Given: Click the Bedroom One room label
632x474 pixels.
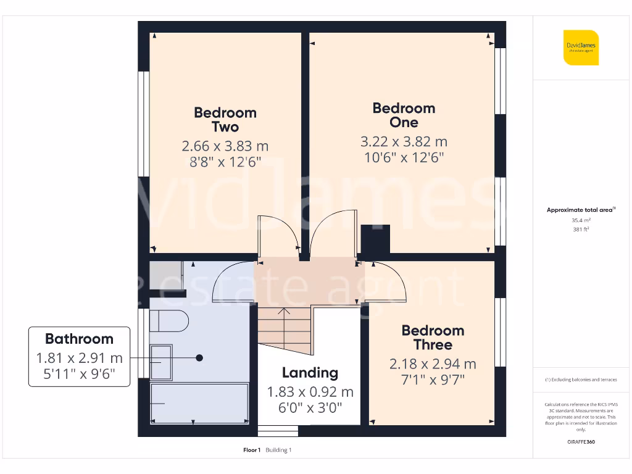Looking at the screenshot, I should click(x=404, y=115).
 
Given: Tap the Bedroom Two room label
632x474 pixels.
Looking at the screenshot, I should click(x=225, y=120).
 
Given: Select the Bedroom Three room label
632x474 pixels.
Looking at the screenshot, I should click(x=433, y=338).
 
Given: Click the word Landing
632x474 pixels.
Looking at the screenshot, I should click(x=310, y=373).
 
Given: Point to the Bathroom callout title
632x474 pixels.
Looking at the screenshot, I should click(x=79, y=339).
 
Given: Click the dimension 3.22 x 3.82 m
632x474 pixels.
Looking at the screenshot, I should click(x=404, y=142).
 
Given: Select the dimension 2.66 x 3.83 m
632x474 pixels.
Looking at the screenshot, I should click(x=225, y=146).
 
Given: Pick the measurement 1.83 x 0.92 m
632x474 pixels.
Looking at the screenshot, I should click(x=310, y=392).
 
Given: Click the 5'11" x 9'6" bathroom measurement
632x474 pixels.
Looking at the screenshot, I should click(x=79, y=374).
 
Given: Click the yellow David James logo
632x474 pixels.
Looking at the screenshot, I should click(x=581, y=48).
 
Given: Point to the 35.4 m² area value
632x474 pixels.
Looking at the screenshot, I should click(x=581, y=220).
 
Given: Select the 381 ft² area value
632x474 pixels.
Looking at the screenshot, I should click(x=581, y=230).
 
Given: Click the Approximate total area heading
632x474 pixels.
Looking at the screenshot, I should click(x=580, y=210).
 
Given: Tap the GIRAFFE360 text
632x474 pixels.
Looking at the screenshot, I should click(x=581, y=442).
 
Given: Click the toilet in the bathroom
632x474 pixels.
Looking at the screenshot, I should click(x=168, y=320).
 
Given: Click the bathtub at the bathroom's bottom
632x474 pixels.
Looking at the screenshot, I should click(x=199, y=403).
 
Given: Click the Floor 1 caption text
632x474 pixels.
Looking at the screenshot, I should click(x=252, y=450).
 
